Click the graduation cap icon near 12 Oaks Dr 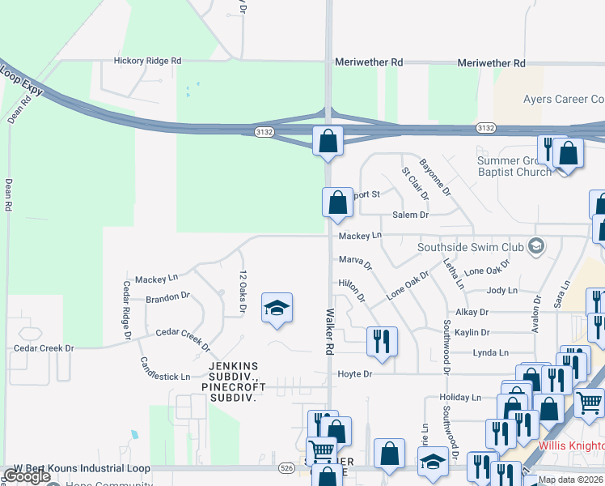tap(277, 308)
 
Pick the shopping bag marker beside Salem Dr tap(337, 202)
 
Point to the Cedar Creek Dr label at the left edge tap(44, 348)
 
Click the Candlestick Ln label tap(165, 369)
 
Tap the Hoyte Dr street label tap(355, 374)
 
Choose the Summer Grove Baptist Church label tap(513, 166)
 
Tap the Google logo tap(27, 476)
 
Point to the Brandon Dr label tap(167, 297)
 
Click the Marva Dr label tap(355, 262)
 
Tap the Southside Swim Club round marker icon tap(535, 245)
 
